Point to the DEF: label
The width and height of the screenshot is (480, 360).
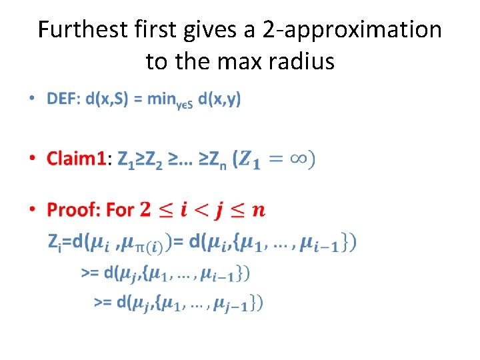63,99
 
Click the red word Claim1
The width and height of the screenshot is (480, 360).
75,159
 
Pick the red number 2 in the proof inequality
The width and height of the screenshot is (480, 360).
145,210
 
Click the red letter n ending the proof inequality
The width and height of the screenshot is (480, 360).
259,211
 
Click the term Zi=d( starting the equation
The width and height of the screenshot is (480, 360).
67,242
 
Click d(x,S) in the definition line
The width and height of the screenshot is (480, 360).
107,99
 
